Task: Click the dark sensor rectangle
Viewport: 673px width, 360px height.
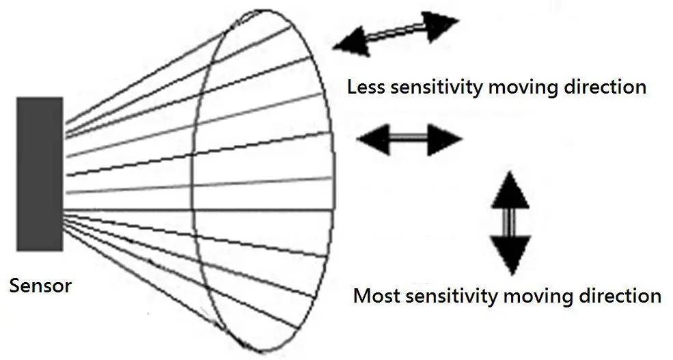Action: coord(40,174)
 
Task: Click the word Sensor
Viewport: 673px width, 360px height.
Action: coord(40,285)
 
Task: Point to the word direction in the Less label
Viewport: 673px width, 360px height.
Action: coord(607,87)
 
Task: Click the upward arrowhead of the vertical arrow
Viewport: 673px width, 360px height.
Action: coord(510,191)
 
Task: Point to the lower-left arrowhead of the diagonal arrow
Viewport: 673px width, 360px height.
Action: coord(351,42)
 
